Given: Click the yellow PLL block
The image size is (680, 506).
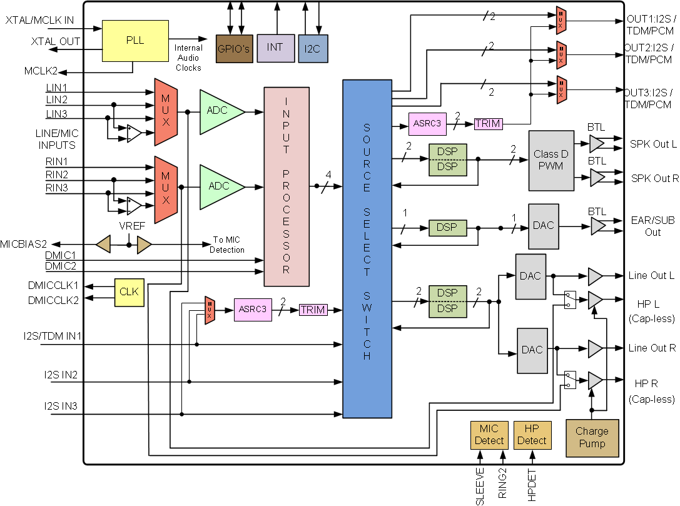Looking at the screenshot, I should (x=134, y=41).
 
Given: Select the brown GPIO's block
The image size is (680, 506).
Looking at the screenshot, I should (x=234, y=48).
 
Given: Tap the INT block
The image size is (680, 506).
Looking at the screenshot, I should (x=275, y=48).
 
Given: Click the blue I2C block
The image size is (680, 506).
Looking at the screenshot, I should (x=313, y=48).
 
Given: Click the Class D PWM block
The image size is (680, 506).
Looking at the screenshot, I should (x=551, y=161).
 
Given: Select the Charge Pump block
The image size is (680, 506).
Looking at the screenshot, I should (x=592, y=438).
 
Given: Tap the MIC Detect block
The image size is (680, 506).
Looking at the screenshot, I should (x=489, y=435).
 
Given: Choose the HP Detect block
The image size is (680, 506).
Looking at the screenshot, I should (x=532, y=435).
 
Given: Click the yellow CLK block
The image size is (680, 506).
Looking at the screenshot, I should (x=128, y=292).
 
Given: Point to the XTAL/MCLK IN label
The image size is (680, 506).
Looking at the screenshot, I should (x=39, y=20).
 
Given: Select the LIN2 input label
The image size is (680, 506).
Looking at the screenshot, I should (x=56, y=100).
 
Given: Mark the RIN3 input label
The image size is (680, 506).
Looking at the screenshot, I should (x=56, y=188).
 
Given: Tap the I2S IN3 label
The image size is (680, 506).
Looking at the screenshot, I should (x=61, y=407).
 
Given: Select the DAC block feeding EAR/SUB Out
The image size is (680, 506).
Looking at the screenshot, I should (x=543, y=226).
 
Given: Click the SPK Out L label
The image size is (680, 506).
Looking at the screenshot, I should (x=653, y=144).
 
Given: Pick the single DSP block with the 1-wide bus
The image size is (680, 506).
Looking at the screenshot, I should (x=447, y=228).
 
